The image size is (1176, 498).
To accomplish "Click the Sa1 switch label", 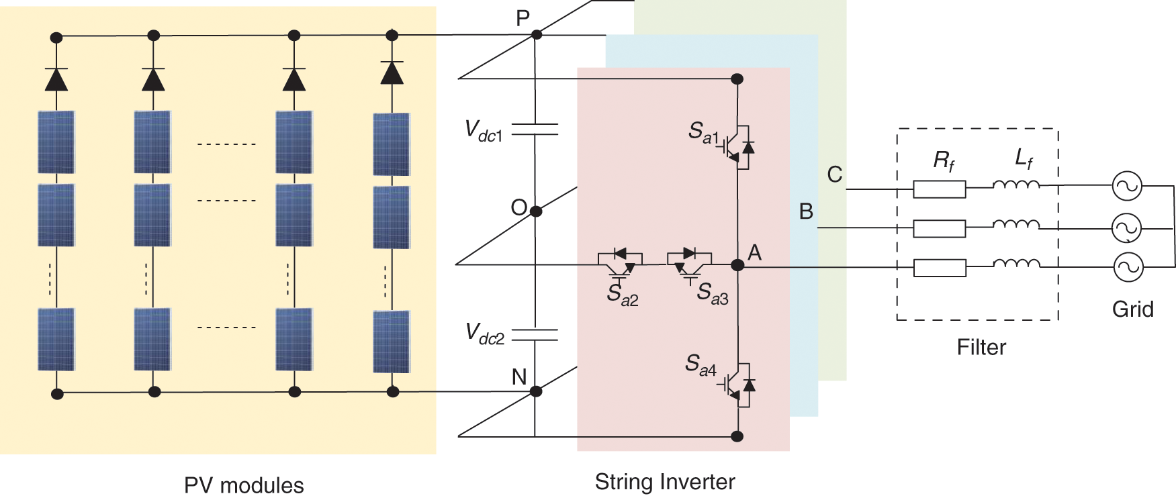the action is click(703, 133).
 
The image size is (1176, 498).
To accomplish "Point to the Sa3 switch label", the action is click(713, 293).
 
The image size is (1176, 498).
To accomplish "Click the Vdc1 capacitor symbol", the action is click(535, 129).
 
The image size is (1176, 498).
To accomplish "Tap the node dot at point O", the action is click(536, 211).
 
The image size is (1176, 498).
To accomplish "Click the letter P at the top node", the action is click(523, 18).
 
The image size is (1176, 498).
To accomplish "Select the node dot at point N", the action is click(536, 391).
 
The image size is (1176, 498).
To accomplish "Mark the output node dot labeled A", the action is click(737, 265).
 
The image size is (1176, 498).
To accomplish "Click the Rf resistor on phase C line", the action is click(940, 189).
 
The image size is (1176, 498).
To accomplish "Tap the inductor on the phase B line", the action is click(1016, 225).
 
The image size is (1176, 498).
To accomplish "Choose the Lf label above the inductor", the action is click(1024, 159).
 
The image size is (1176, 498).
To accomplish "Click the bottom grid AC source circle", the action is click(1128, 267).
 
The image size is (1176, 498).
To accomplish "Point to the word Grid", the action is click(1133, 309).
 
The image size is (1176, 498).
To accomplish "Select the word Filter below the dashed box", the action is click(981, 348).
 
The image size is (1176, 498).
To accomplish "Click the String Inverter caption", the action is click(665, 483).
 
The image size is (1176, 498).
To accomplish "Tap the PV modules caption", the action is click(244, 486).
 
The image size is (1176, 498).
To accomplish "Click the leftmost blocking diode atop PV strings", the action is click(56, 79).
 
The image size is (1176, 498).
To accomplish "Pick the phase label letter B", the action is click(807, 211).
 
